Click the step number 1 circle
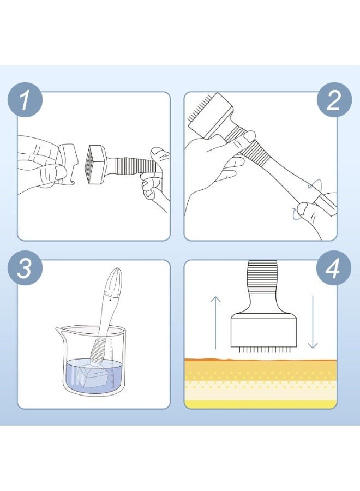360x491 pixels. (x=25, y=100)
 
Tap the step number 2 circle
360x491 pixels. (x=334, y=100)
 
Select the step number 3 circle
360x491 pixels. (x=25, y=268)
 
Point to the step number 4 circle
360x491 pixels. (x=334, y=268)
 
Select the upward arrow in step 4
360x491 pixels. (x=215, y=322)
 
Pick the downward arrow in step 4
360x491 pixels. (x=313, y=322)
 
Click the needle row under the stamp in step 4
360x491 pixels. (x=263, y=350)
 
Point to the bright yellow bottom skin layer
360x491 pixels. (x=260, y=404)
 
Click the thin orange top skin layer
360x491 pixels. (x=260, y=360)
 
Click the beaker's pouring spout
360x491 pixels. (x=60, y=330)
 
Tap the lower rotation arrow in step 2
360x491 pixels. (x=296, y=213)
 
